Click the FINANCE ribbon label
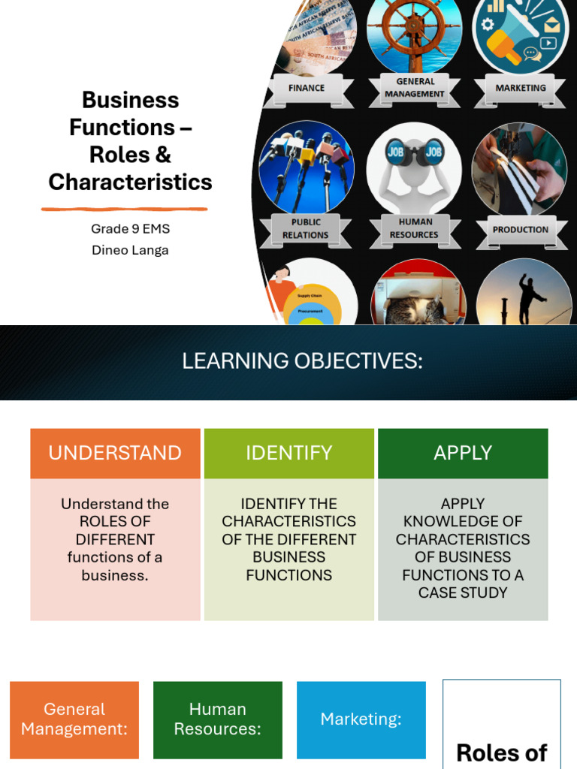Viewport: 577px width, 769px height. (307, 88)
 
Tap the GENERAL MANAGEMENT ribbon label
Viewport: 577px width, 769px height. (415, 88)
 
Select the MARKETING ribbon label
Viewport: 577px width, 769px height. (521, 88)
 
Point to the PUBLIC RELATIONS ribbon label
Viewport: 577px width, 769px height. (305, 228)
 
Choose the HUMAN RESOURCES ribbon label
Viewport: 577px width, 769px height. (414, 228)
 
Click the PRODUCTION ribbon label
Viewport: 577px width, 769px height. (521, 230)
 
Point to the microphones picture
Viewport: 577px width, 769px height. (306, 167)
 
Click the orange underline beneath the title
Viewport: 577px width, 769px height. (124, 209)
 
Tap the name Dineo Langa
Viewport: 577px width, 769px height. (130, 250)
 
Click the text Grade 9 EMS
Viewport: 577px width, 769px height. (130, 229)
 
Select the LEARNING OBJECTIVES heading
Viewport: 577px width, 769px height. (302, 361)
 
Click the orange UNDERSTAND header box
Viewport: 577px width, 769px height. (115, 453)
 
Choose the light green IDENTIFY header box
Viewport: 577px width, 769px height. (288, 453)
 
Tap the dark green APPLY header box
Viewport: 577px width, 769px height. (463, 453)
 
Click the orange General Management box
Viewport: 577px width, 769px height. (74, 719)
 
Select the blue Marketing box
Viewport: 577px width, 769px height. (361, 719)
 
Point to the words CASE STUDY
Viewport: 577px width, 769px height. (463, 593)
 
